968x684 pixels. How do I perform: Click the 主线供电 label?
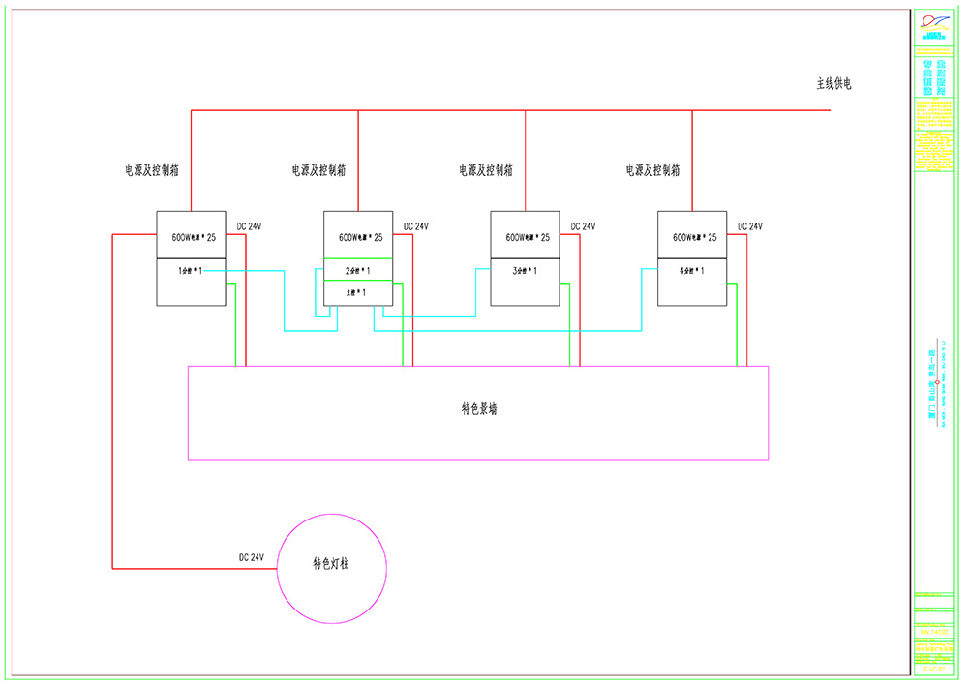click(833, 84)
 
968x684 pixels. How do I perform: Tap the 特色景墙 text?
click(478, 409)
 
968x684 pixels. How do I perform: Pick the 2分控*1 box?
click(358, 270)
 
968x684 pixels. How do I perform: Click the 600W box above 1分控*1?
click(191, 235)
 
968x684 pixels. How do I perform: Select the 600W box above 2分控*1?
click(358, 235)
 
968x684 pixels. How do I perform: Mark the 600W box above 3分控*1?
click(525, 235)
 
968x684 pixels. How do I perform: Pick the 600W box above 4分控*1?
click(691, 235)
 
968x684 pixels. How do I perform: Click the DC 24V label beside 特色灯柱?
click(252, 557)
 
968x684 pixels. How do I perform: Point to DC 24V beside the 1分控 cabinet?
click(249, 226)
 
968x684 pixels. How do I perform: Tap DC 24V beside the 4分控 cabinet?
click(750, 226)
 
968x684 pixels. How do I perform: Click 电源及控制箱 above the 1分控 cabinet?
click(152, 170)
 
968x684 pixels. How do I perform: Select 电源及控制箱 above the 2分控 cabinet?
click(319, 170)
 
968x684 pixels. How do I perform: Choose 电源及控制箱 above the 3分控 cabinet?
click(486, 170)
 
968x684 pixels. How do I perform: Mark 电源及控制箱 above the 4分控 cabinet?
click(652, 170)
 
